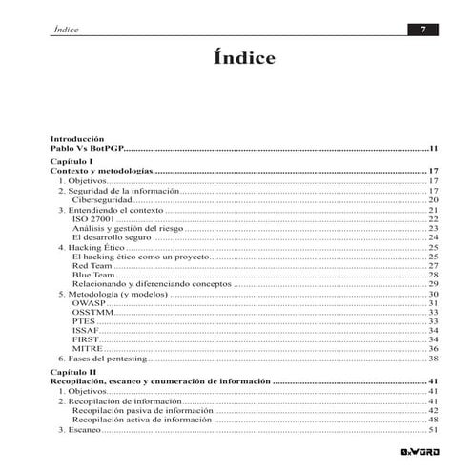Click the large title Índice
click(244, 59)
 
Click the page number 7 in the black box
click(422, 30)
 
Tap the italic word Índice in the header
click(67, 30)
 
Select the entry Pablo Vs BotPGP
click(87, 149)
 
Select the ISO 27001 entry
click(93, 218)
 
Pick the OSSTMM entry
click(92, 312)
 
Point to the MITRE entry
click(87, 349)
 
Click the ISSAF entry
click(86, 330)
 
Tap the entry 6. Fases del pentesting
click(103, 359)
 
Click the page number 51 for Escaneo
click(432, 429)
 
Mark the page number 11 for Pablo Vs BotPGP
click(432, 149)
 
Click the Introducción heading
click(76, 139)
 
